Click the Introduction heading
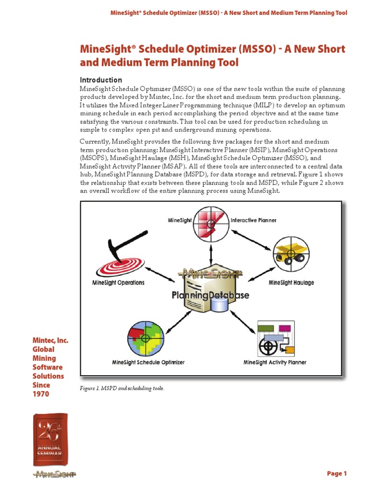(101, 80)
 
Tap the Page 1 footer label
(337, 474)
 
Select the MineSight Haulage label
(291, 283)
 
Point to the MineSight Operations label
(118, 283)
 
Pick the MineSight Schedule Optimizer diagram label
(148, 362)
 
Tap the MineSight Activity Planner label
(275, 362)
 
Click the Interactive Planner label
(254, 221)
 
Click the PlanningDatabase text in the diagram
(210, 295)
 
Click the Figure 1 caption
(122, 388)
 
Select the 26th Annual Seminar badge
(50, 439)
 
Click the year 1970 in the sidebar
(41, 394)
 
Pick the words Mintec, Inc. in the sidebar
(50, 341)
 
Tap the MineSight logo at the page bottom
(54, 475)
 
